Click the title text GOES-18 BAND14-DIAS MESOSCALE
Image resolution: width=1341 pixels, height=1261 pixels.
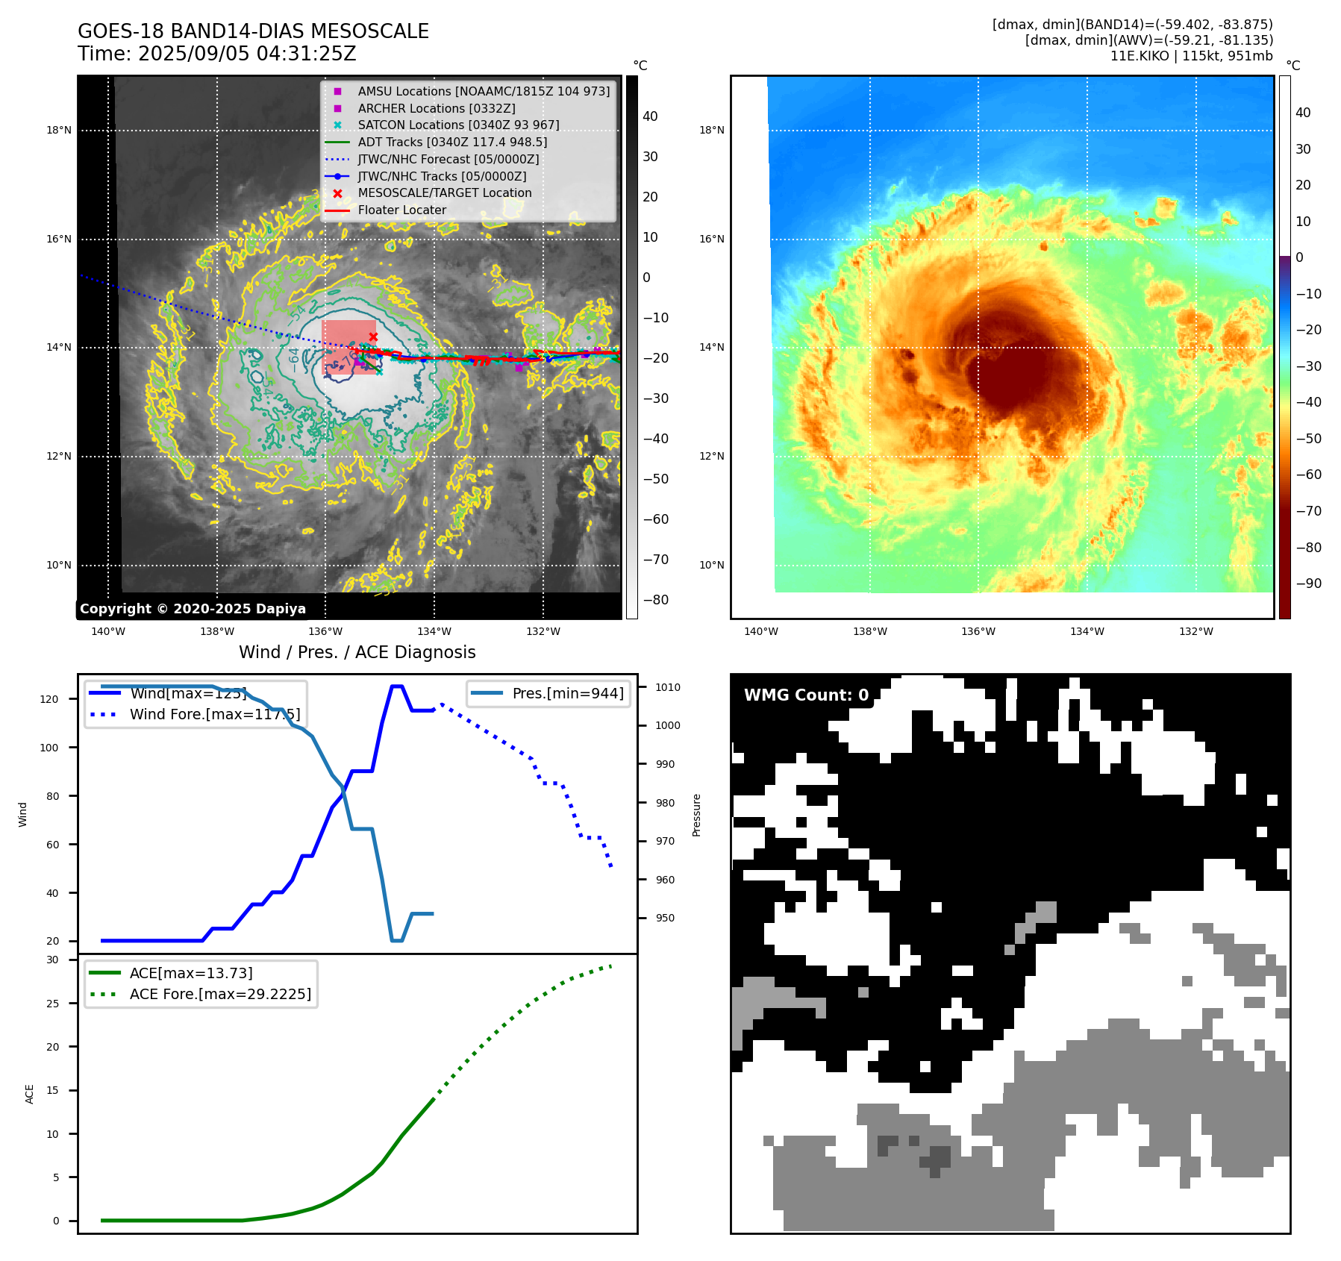[253, 31]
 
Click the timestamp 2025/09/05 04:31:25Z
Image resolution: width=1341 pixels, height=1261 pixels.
[247, 54]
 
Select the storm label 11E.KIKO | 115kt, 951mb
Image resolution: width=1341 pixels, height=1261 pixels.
[1191, 56]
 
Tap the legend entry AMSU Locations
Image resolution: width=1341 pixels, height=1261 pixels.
[483, 91]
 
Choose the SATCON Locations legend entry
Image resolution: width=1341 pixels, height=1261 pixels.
[457, 125]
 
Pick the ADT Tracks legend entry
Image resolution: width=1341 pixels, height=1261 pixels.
[451, 142]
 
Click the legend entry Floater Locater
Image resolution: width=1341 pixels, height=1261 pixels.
[401, 210]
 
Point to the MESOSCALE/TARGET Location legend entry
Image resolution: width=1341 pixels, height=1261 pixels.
[444, 193]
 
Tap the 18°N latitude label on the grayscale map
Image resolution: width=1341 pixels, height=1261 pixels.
[59, 131]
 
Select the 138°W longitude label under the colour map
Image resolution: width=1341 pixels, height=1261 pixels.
[870, 632]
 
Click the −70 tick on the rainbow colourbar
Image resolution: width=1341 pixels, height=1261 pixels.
[1308, 511]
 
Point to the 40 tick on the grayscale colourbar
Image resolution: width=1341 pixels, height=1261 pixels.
[650, 116]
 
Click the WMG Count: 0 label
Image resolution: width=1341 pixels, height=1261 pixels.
[806, 695]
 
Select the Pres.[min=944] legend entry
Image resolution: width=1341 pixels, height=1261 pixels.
[567, 693]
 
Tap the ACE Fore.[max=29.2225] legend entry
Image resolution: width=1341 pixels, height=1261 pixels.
[220, 995]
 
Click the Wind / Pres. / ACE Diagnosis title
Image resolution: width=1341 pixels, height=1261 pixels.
[357, 652]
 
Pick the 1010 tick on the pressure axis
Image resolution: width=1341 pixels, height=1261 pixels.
[668, 687]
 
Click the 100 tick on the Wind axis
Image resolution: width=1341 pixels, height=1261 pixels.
[49, 748]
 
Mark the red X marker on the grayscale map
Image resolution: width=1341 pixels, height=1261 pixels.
[373, 337]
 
